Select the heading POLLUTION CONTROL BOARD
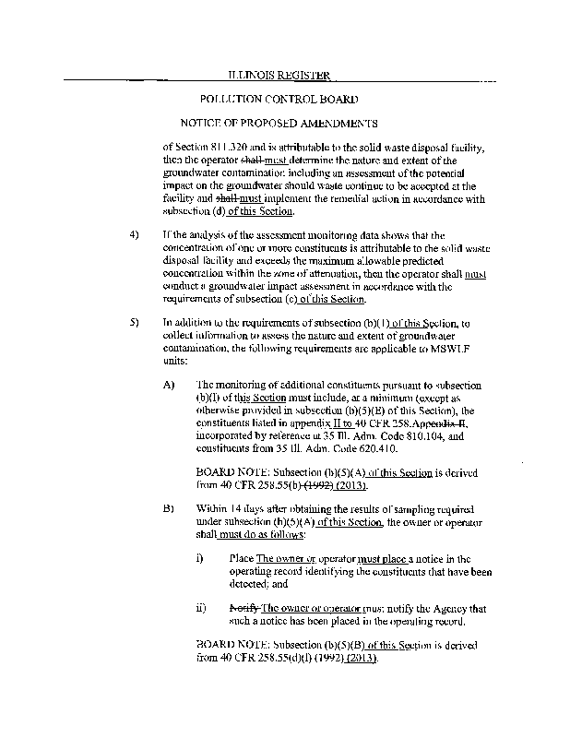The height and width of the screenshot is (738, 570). point(279,98)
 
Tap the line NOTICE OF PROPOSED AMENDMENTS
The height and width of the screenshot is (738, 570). point(279,123)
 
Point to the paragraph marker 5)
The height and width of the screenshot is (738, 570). point(135,322)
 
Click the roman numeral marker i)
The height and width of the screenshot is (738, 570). point(201,558)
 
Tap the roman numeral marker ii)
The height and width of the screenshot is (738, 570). point(202,608)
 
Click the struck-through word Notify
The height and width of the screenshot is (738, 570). point(243,608)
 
